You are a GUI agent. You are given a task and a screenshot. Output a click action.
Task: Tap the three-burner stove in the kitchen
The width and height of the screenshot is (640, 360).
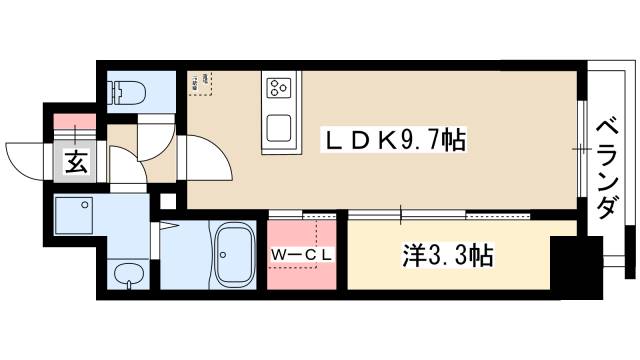click(278, 87)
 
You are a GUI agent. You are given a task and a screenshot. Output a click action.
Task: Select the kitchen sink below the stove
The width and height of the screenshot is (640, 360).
click(278, 127)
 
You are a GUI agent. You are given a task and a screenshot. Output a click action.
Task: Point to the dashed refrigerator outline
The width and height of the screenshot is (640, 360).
click(202, 82)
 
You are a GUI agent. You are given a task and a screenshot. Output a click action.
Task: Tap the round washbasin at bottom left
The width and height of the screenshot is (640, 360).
click(127, 274)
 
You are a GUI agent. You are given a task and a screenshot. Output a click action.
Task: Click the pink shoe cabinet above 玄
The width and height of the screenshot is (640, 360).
click(75, 125)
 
